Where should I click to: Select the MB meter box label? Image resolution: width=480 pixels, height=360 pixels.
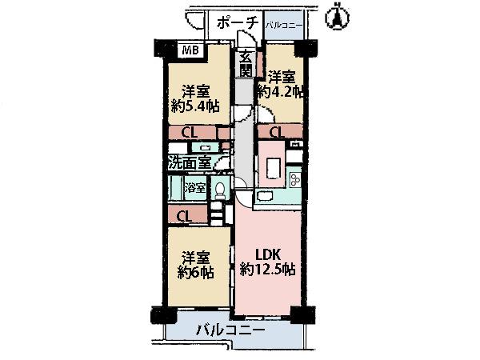tap(190, 51)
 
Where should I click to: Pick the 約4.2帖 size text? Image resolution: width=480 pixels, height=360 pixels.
tap(280, 93)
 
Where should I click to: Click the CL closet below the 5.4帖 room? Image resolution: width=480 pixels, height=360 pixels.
tap(190, 132)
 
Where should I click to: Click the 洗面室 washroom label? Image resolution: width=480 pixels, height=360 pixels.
tap(190, 162)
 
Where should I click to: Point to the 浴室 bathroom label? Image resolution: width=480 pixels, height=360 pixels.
tap(195, 189)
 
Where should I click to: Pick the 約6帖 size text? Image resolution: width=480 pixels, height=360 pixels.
tap(195, 273)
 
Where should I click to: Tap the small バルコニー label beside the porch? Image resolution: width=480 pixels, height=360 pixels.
tap(284, 26)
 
